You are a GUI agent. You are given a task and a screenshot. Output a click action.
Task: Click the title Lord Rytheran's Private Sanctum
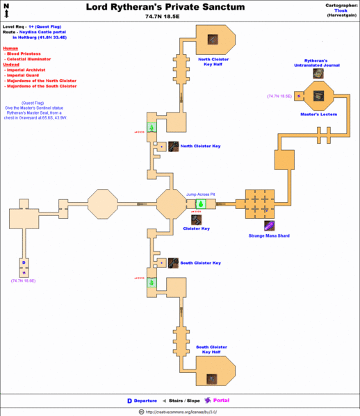click(x=165, y=7)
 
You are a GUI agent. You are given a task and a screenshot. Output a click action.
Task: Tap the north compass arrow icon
click(x=6, y=10)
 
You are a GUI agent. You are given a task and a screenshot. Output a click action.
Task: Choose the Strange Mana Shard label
click(x=268, y=236)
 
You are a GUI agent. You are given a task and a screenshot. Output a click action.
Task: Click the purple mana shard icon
click(x=268, y=225)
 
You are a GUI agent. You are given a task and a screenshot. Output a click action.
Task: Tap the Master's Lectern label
click(x=317, y=113)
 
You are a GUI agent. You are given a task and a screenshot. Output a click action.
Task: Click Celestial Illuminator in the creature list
click(x=31, y=59)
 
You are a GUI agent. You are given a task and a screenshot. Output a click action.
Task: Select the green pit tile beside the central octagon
click(x=199, y=204)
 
